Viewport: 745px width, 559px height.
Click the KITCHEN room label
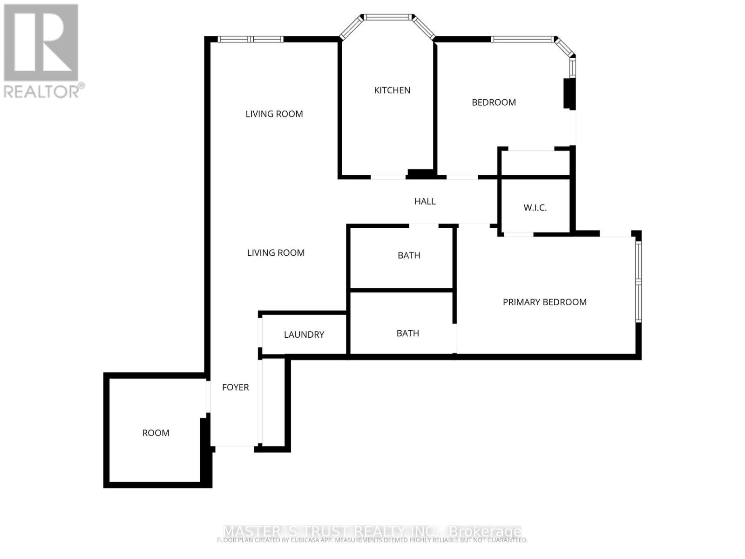tap(392, 90)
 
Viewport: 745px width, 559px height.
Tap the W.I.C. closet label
tap(535, 208)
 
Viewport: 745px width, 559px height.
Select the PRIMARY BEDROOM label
tap(544, 302)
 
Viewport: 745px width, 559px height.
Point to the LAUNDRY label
tap(304, 334)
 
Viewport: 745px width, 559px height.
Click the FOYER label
tap(235, 388)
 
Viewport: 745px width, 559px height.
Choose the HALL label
tap(425, 201)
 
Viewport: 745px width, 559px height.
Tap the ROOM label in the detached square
tap(156, 433)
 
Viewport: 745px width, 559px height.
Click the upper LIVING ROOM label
tap(274, 114)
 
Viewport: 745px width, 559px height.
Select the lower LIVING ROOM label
tap(276, 253)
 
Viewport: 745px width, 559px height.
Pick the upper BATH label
tap(409, 255)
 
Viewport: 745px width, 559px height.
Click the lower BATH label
tap(408, 334)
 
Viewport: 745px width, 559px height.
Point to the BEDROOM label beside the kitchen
tap(494, 102)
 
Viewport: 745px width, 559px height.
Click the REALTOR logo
tap(42, 51)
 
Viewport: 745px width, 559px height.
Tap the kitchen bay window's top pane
tap(388, 17)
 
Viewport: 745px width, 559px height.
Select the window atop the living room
tap(251, 39)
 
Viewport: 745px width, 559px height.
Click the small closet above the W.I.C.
tap(535, 163)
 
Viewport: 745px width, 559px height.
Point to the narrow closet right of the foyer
tap(273, 402)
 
